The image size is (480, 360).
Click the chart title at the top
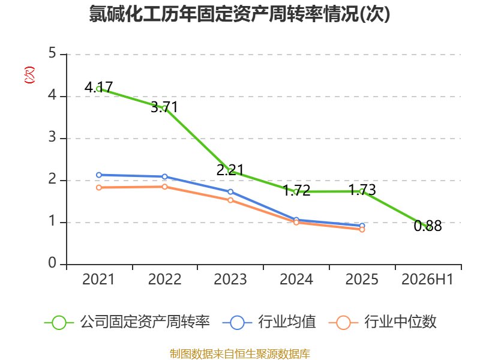tap(239, 14)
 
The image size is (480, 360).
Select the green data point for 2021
tap(99, 89)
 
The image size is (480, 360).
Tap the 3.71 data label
tap(164, 107)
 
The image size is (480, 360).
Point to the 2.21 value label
tap(230, 170)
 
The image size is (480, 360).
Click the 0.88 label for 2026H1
tap(428, 226)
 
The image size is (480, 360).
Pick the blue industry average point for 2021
tap(99, 175)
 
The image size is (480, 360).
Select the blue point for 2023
tap(230, 192)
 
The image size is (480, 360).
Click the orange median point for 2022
tap(164, 187)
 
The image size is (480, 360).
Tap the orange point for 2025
tap(362, 230)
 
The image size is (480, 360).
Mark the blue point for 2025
tap(362, 226)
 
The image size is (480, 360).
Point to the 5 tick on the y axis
tap(52, 53)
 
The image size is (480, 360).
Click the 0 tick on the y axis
tap(52, 263)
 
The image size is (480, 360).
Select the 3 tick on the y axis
tap(52, 137)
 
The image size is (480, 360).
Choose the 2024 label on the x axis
tap(296, 280)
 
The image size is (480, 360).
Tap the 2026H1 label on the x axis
tap(427, 280)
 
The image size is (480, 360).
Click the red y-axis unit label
tap(29, 75)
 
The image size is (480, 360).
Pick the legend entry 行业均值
tap(269, 322)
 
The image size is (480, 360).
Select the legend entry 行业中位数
tap(383, 322)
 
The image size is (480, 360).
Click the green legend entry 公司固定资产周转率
tap(127, 322)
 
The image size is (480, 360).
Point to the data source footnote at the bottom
tap(240, 354)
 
